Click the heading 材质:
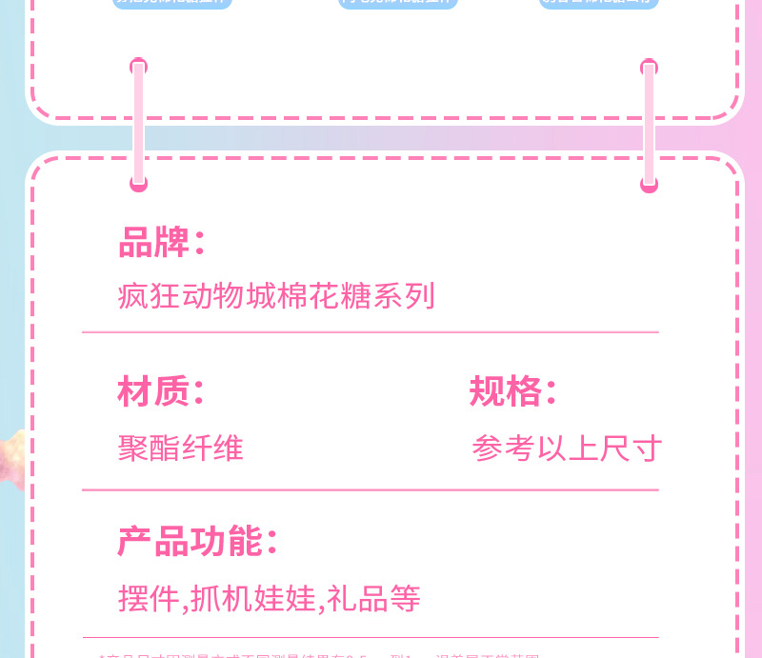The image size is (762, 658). pos(160,391)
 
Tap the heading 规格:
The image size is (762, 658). pos(512,391)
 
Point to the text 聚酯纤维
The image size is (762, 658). pos(181,448)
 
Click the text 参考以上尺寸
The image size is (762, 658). pos(567,449)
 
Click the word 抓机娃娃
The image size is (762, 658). pos(252,599)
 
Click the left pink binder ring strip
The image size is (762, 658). pos(139,122)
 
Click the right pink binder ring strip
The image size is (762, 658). pos(650,122)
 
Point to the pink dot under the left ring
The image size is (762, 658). pos(139,184)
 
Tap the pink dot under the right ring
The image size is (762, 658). pos(650,185)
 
